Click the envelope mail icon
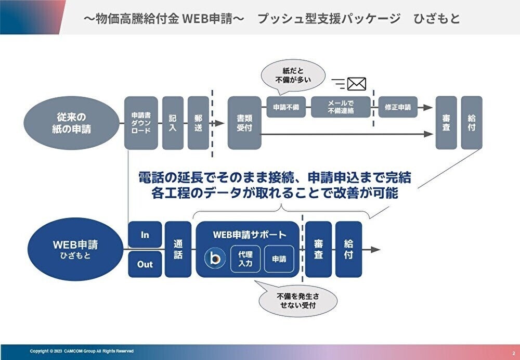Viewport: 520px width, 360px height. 356,84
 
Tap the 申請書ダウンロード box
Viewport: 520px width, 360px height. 141,123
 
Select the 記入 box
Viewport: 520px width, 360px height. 173,123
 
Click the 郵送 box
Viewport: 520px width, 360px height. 198,123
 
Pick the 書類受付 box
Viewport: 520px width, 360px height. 244,123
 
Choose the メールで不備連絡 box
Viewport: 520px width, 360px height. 341,107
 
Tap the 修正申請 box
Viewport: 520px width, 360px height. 398,107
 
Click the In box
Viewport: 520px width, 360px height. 145,235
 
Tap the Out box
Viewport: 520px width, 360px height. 145,264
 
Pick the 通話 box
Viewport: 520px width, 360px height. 178,249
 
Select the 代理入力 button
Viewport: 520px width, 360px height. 245,259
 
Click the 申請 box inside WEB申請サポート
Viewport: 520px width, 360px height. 279,259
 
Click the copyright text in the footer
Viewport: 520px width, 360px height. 82,352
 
